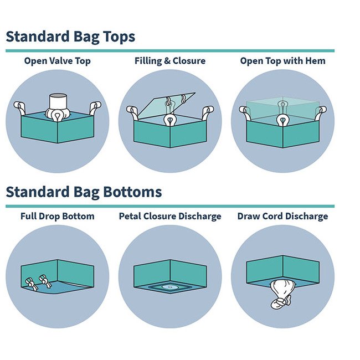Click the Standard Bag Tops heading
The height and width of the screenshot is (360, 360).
tap(70, 37)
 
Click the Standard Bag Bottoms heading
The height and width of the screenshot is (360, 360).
tap(84, 192)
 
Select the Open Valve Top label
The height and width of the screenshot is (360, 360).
tap(57, 61)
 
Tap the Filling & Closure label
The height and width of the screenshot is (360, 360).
tap(169, 61)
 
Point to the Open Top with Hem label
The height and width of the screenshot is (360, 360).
tap(282, 61)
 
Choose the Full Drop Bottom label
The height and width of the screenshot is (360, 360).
tap(57, 216)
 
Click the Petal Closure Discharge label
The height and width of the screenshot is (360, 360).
tap(169, 216)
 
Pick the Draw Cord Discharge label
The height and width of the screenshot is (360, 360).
tap(282, 216)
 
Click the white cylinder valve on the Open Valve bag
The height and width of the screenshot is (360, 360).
tap(58, 102)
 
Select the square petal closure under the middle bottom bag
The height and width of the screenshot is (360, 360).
tap(170, 287)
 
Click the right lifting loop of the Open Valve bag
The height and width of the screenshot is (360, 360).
tap(95, 106)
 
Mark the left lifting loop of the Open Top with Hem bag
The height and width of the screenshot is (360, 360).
tap(245, 111)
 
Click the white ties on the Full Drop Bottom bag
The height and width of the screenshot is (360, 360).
tap(37, 283)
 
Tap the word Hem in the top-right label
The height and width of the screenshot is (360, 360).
tap(315, 61)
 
